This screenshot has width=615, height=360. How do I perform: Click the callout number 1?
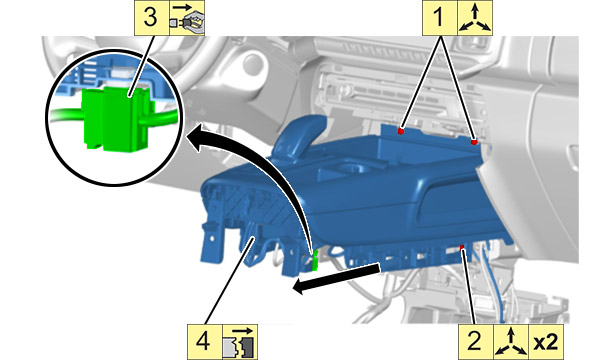pos(439,18)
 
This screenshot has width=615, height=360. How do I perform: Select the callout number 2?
pos(475,340)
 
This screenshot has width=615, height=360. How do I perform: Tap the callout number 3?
pos(150,18)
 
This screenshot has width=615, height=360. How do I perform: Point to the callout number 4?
pos(203,340)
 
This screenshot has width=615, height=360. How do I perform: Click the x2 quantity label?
pos(546,342)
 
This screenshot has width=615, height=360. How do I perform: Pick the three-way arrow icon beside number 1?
pos(475,18)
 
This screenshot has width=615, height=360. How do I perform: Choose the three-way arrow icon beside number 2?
pos(510,341)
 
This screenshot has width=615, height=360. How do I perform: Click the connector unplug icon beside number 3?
pos(187,18)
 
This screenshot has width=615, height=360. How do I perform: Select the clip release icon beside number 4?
pos(240,342)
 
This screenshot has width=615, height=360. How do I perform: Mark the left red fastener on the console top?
pos(400,131)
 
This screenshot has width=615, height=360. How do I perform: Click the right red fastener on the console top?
pos(474,142)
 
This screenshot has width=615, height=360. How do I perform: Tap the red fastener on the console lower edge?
pos(462,247)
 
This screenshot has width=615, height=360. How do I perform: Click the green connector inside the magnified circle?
pos(116,118)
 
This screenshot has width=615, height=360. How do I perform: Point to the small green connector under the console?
pos(314,261)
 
